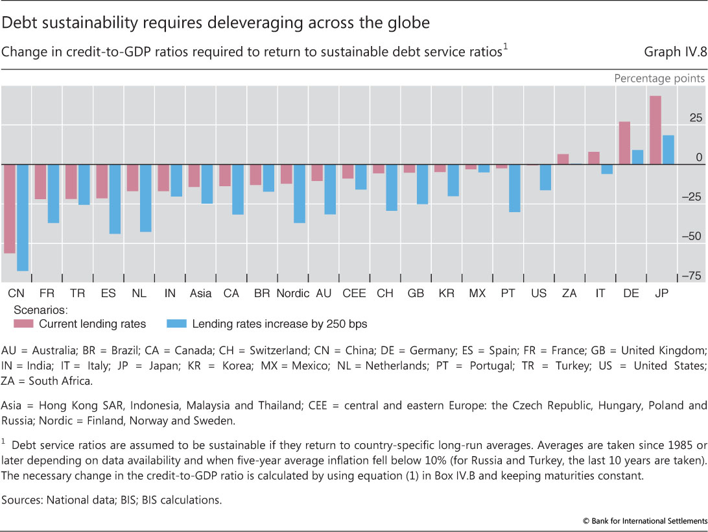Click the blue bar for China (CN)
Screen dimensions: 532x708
(x=22, y=217)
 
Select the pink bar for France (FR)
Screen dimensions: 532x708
(x=40, y=182)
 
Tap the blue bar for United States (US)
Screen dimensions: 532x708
(x=546, y=177)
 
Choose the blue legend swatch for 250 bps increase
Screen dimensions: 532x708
(x=176, y=323)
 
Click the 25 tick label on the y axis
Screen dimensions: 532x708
(x=696, y=118)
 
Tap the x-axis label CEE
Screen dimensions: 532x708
(x=354, y=294)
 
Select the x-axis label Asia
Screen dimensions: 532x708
(x=201, y=294)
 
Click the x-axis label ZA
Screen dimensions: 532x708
(x=569, y=294)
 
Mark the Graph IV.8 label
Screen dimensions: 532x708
(x=674, y=53)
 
